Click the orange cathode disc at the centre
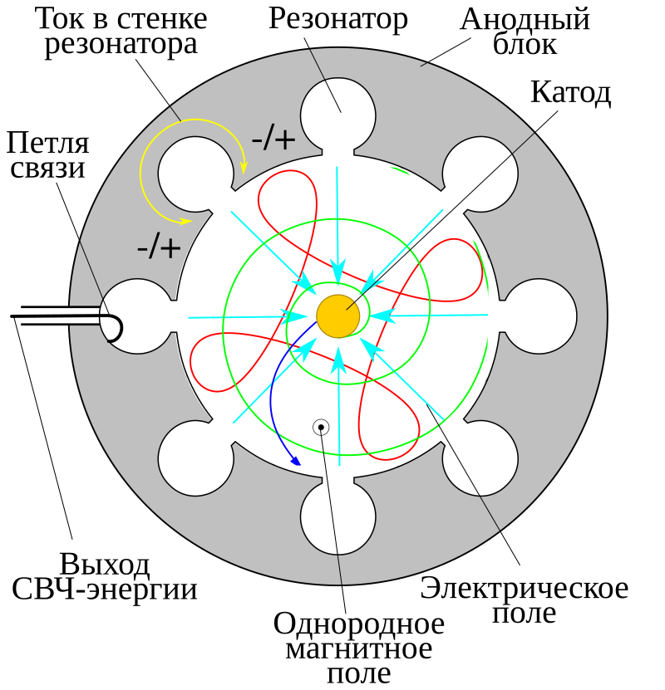pyautogui.click(x=338, y=316)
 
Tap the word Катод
pyautogui.click(x=571, y=93)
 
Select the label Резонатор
pyautogui.click(x=338, y=21)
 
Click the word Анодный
pyautogui.click(x=525, y=20)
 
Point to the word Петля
pyautogui.click(x=47, y=144)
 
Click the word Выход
pyautogui.click(x=105, y=565)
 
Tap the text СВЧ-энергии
pyautogui.click(x=105, y=590)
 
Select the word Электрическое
pyautogui.click(x=524, y=588)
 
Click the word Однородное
pyautogui.click(x=359, y=624)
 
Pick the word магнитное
pyautogui.click(x=359, y=649)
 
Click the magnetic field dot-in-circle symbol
pyautogui.click(x=321, y=428)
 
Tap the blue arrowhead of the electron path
pyautogui.click(x=295, y=461)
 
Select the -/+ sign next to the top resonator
pyautogui.click(x=273, y=140)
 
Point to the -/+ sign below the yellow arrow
pyautogui.click(x=159, y=248)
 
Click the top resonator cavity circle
pyautogui.click(x=338, y=115)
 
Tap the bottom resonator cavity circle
pyautogui.click(x=338, y=517)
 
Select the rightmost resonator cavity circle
pyautogui.click(x=539, y=316)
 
